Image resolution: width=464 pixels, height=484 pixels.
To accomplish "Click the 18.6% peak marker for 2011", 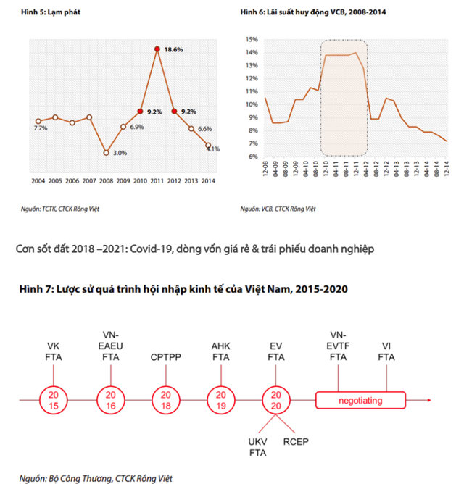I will click(x=157, y=49).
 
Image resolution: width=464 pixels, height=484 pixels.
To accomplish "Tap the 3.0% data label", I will click(x=120, y=153).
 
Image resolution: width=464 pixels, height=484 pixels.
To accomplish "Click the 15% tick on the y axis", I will click(x=252, y=39).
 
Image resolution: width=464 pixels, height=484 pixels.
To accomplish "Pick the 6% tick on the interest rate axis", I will click(x=253, y=156).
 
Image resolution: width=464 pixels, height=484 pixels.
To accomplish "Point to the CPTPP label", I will click(x=166, y=356).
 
